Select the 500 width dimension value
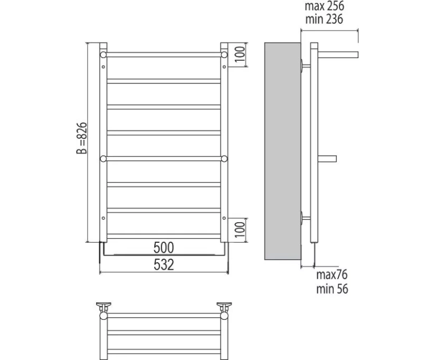pos(163,247)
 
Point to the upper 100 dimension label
pos(240,54)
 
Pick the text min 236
pos(324,20)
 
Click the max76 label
pos(332,275)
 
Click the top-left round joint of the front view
pos(103,54)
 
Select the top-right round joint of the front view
pos(224,54)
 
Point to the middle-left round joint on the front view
pos(103,158)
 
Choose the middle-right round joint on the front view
pos(224,158)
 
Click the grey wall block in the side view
pos(281,153)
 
